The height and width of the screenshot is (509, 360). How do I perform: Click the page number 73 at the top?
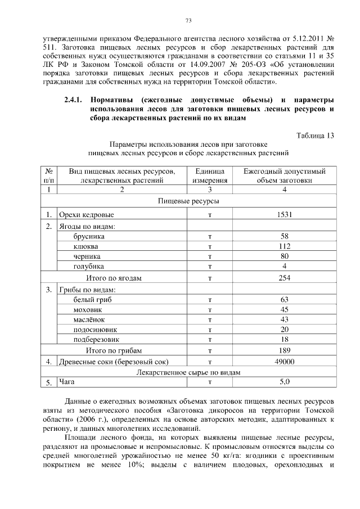[189, 21]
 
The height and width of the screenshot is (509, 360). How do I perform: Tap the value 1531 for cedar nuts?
[284, 215]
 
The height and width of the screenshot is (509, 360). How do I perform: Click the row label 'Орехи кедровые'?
[87, 215]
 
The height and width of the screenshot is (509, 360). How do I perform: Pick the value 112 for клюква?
[284, 246]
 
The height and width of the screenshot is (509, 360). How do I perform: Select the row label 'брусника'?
[89, 236]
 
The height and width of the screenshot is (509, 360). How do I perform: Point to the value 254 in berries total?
[284, 278]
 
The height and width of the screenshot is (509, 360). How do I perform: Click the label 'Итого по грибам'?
[113, 350]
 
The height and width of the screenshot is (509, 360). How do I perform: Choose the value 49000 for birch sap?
[284, 362]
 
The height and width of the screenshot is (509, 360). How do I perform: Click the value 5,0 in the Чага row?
[284, 382]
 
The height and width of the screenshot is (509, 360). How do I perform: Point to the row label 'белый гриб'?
[92, 299]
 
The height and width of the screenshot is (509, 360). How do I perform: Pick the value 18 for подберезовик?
[284, 340]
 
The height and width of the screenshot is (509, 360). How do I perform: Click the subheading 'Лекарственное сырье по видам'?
[188, 372]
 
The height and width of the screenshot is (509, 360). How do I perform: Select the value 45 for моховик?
[284, 309]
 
